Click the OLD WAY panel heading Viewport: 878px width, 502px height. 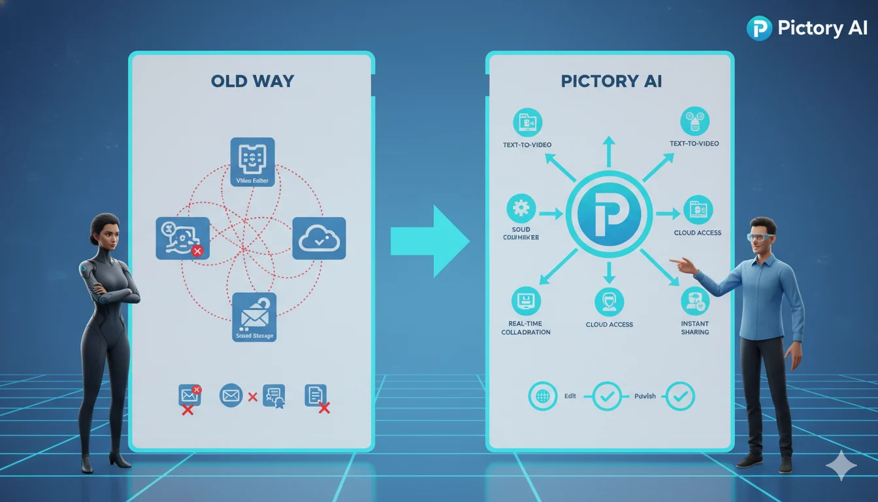point(252,81)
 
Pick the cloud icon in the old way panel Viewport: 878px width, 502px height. point(319,239)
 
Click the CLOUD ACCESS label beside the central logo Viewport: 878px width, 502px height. point(698,233)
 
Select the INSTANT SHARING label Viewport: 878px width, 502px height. point(694,327)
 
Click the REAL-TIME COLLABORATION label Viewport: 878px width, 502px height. point(526,327)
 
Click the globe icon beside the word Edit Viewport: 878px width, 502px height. point(542,396)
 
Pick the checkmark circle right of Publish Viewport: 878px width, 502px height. point(680,396)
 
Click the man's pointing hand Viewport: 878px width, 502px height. point(683,265)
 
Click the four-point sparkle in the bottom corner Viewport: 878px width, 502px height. point(841,465)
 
